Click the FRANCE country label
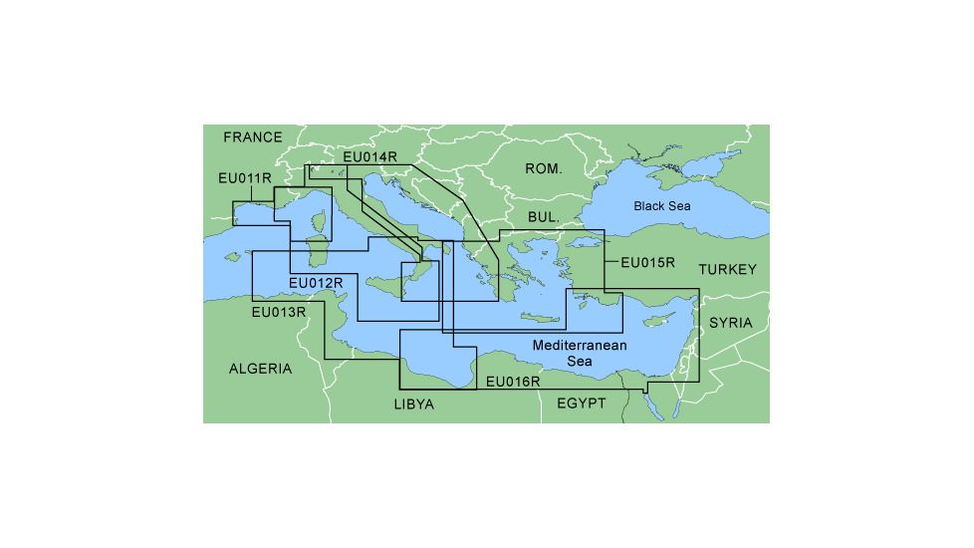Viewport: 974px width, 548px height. click(x=253, y=137)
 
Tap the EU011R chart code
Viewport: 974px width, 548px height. click(x=245, y=178)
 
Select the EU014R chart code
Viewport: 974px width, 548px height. click(x=369, y=156)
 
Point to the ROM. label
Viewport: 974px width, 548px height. click(x=544, y=169)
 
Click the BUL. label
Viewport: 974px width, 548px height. click(x=544, y=216)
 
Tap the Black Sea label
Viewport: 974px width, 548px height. click(x=662, y=206)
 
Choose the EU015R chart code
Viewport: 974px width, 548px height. click(x=648, y=264)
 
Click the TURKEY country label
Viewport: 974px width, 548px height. click(x=727, y=270)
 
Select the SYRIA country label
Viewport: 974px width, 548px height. click(x=731, y=323)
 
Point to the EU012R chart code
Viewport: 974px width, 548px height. click(x=316, y=283)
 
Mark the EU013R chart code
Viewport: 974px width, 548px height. click(x=279, y=312)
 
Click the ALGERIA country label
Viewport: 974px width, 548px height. click(x=261, y=369)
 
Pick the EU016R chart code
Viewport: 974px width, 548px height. click(x=513, y=382)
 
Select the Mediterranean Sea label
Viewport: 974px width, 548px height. click(x=580, y=353)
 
